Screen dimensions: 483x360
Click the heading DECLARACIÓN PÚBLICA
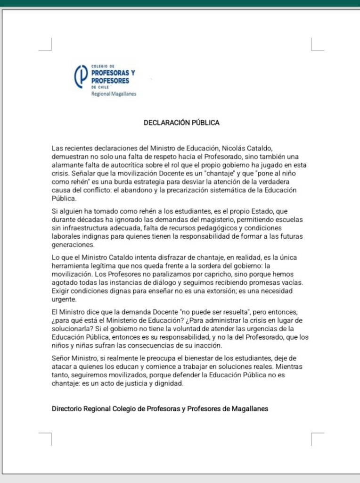[x=181, y=123]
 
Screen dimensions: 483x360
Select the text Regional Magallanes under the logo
[x=114, y=94]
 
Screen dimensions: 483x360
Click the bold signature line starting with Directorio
[x=160, y=409]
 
